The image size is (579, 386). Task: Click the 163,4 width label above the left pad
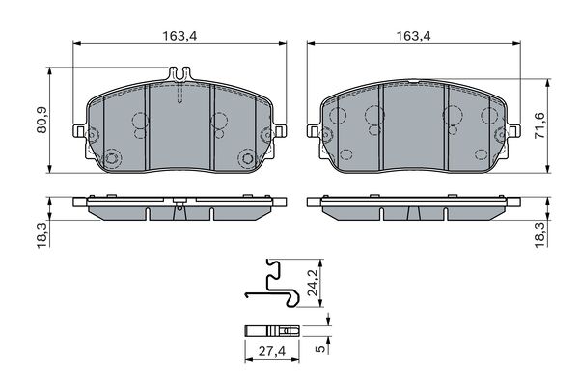[x=180, y=36]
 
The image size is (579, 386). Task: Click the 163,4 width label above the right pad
[x=414, y=36]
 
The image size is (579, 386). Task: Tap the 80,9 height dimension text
[x=41, y=120]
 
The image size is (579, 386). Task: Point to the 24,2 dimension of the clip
[x=313, y=283]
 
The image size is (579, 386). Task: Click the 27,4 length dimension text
[x=272, y=351]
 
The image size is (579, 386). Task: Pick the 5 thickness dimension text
[x=321, y=348]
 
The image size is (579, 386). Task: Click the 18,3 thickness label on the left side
[x=42, y=234]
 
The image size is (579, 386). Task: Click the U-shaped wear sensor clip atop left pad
[x=179, y=74]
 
